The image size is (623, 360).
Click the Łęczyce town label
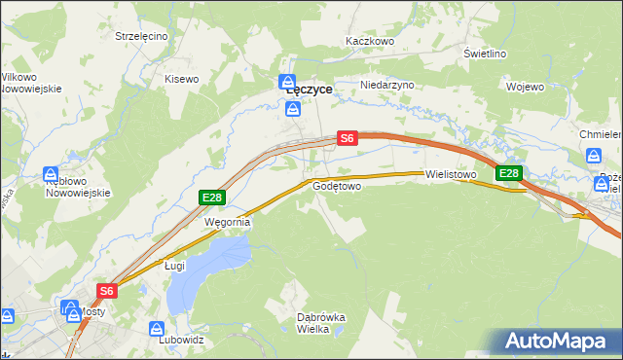coord(310,89)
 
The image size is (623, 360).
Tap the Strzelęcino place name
coord(141,36)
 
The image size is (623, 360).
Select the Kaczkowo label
coord(369,42)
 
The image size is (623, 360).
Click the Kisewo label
coord(181,79)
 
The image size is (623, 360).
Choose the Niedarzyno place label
coord(387,85)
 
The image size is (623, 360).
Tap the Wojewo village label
coord(525,87)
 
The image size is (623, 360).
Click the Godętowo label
coord(337,186)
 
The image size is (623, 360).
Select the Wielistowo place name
coord(450,175)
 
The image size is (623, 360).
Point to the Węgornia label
coord(227,222)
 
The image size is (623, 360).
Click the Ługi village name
coord(174,265)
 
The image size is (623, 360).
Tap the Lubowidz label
coord(181,341)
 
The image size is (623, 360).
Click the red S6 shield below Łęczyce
coord(348,139)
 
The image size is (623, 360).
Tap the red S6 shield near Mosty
coord(107,290)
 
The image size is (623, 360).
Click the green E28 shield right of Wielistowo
coord(509,173)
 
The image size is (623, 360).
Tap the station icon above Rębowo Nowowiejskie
coord(52,174)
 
